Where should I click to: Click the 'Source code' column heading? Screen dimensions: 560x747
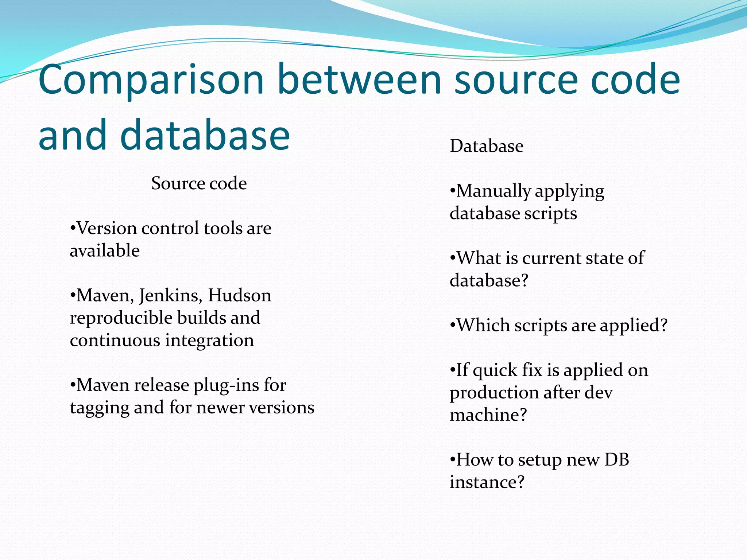point(199,183)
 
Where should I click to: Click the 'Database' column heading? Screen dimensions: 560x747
point(487,146)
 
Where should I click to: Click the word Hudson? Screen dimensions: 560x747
point(240,296)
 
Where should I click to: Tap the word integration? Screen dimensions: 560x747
point(209,341)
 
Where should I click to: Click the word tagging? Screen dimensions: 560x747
point(99,408)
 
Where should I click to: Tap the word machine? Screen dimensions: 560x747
point(488,415)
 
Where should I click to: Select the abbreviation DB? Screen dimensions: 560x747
point(617,460)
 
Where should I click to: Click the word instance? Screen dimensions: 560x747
point(487,482)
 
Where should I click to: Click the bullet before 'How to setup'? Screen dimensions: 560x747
point(453,460)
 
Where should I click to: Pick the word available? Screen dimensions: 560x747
point(105,251)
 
